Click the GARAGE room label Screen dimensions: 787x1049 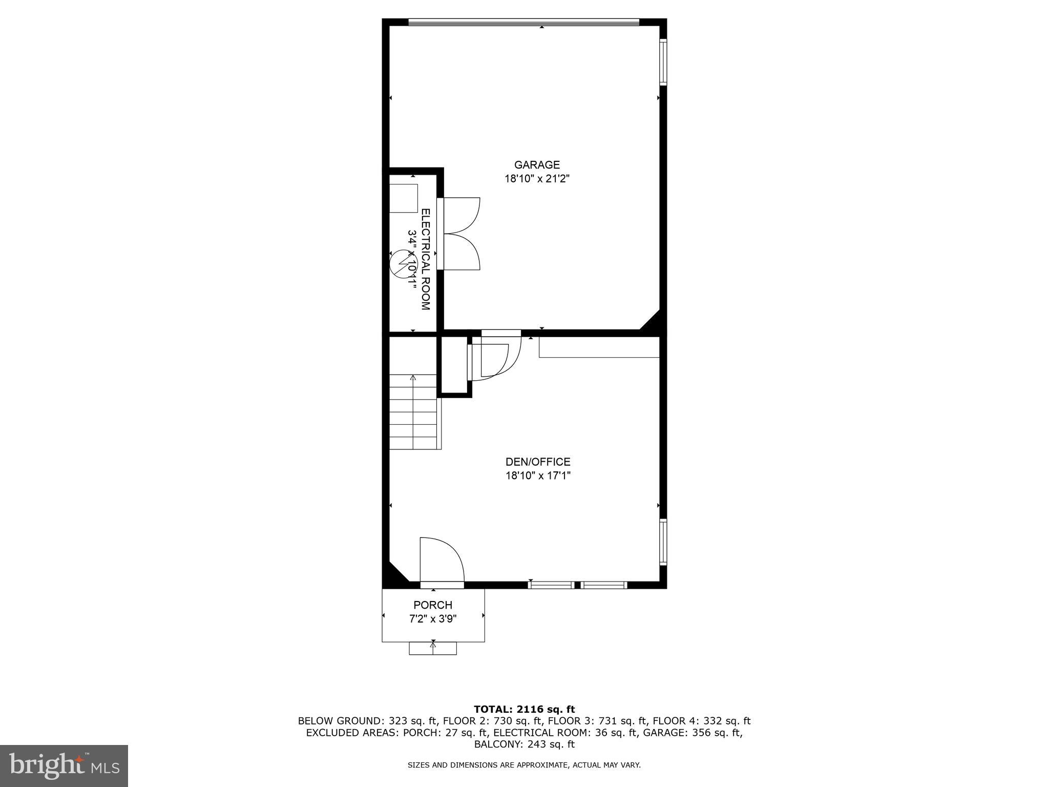(x=537, y=165)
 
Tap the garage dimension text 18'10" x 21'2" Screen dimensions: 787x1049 (x=537, y=179)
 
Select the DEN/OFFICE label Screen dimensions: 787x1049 (x=537, y=462)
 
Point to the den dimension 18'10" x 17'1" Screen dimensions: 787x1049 (x=537, y=475)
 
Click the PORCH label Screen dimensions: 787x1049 (x=433, y=605)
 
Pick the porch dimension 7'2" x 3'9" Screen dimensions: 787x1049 (x=433, y=619)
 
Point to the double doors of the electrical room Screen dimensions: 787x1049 (x=460, y=234)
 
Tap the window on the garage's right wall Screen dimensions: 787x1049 (x=663, y=62)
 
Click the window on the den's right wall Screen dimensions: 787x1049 (x=663, y=542)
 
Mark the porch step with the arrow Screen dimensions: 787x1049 (x=433, y=648)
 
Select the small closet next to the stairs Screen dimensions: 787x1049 (x=454, y=365)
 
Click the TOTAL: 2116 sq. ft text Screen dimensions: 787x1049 (x=524, y=709)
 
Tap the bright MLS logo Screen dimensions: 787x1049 (x=64, y=765)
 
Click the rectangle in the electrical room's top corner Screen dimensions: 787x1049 (x=404, y=199)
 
